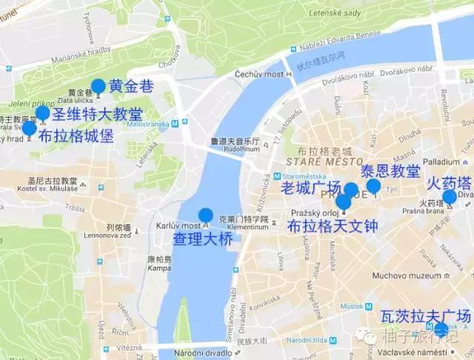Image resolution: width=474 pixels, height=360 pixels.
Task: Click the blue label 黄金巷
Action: pyautogui.click(x=131, y=86)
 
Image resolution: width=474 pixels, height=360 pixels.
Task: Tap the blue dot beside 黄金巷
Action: pyautogui.click(x=98, y=86)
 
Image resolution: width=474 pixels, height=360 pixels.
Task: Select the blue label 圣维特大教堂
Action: pyautogui.click(x=97, y=115)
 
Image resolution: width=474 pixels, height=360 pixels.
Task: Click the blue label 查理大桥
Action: pyautogui.click(x=198, y=239)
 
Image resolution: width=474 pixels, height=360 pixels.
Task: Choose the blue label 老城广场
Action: pyautogui.click(x=310, y=187)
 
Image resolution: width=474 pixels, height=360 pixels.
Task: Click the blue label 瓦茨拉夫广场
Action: pyautogui.click(x=425, y=316)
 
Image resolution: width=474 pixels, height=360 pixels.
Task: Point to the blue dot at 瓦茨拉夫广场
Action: pyautogui.click(x=441, y=330)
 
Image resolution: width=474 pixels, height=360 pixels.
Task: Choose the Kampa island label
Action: pyautogui.click(x=158, y=267)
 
